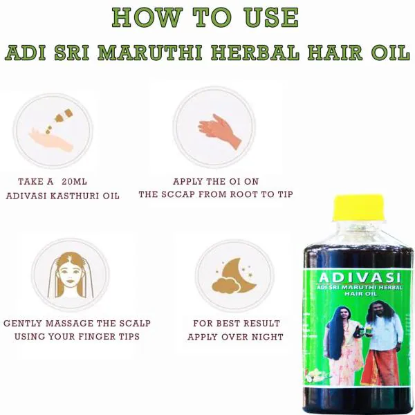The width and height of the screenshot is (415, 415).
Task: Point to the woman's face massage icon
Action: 70,275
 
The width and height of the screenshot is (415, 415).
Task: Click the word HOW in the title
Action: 142,19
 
